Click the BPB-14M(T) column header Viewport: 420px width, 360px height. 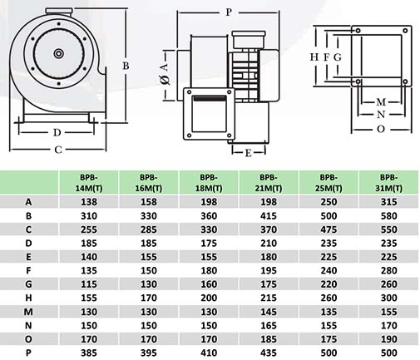89,183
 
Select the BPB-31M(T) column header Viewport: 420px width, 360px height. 388,183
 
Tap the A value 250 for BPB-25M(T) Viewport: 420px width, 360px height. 329,202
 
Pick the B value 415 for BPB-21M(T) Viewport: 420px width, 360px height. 269,215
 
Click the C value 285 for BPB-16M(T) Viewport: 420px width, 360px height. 149,229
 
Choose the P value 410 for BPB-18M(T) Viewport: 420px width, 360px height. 209,353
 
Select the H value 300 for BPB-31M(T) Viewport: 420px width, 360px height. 388,298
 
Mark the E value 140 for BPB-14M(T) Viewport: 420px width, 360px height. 89,257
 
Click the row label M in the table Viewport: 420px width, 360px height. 28,312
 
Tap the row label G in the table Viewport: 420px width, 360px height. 28,284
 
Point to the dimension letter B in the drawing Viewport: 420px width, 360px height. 126,66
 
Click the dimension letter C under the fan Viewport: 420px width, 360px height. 58,150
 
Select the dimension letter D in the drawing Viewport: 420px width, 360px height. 57,132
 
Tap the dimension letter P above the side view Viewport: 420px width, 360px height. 229,12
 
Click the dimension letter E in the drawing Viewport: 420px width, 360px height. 249,153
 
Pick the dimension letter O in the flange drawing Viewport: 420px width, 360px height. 381,129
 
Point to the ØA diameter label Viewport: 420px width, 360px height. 165,73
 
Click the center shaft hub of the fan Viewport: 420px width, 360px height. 59,53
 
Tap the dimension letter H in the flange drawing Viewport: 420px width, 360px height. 314,57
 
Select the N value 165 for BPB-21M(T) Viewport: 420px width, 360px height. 269,325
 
